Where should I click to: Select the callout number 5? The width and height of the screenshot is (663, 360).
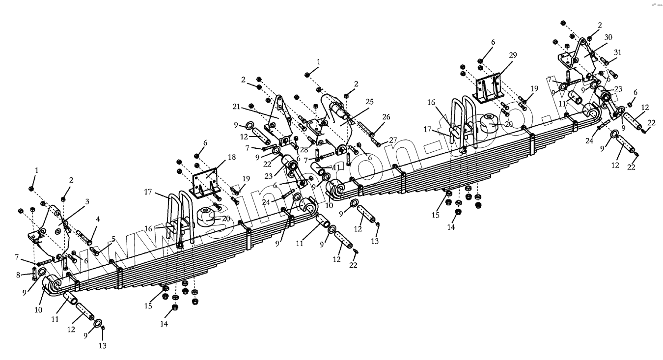(113, 239)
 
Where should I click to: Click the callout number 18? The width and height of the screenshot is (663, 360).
(232, 157)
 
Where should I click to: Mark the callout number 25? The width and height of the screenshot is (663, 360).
(369, 102)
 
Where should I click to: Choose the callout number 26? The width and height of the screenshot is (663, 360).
(386, 117)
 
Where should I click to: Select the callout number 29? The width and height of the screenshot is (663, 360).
(513, 55)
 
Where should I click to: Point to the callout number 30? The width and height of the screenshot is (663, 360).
(608, 37)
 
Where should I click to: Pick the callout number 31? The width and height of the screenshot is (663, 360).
(617, 53)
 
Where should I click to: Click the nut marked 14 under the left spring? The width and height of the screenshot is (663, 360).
(175, 308)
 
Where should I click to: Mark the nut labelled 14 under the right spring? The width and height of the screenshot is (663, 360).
(458, 212)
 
